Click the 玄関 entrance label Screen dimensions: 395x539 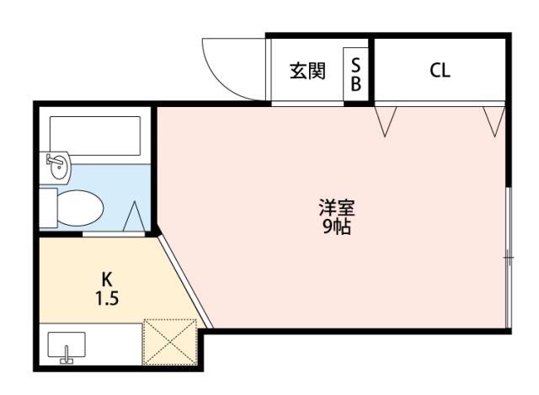pos(307,72)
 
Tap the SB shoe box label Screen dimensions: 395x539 pos(355,73)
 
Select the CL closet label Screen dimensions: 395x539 pos(440,71)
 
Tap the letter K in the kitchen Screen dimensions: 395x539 pos(107,279)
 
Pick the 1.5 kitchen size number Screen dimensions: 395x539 pos(107,297)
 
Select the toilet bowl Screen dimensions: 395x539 pos(81,206)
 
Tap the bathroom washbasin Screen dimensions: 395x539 pos(59,166)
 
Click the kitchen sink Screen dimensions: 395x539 pos(66,345)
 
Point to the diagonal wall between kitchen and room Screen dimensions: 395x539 pos(184,282)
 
